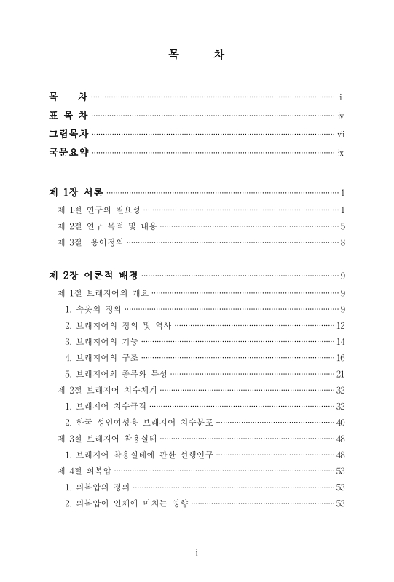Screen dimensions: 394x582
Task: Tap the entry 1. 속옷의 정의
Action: (94, 309)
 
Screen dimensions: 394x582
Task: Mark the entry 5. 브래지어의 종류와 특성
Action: (116, 374)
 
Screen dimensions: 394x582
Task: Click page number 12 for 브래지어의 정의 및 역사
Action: (340, 325)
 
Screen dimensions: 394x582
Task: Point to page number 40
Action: (340, 423)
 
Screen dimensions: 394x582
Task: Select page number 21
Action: (340, 374)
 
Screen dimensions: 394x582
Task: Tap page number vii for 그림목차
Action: (340, 134)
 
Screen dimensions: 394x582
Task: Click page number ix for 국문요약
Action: (340, 153)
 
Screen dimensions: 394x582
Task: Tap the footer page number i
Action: (197, 553)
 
